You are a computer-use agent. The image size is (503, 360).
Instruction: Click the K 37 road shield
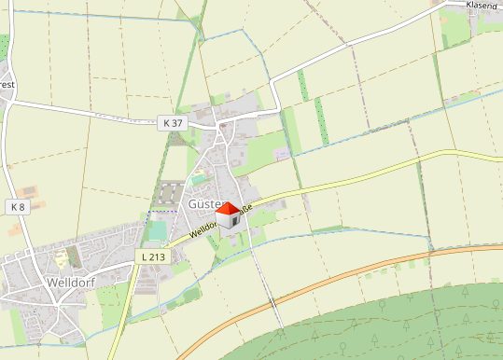click(x=173, y=122)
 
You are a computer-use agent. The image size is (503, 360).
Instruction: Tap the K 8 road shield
click(x=18, y=205)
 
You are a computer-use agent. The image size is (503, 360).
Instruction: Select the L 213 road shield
click(x=153, y=256)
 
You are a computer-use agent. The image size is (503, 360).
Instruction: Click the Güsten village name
click(x=206, y=203)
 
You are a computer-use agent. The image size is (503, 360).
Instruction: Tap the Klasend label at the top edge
click(x=483, y=6)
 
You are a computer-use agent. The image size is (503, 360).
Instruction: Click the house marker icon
click(x=228, y=215)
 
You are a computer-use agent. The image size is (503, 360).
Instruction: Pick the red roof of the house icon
click(x=228, y=209)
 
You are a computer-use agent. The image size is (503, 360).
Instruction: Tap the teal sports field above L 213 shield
click(x=157, y=229)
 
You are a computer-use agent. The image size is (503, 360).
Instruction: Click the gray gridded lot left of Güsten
click(x=169, y=193)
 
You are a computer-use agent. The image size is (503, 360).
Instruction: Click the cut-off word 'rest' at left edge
click(x=7, y=85)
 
